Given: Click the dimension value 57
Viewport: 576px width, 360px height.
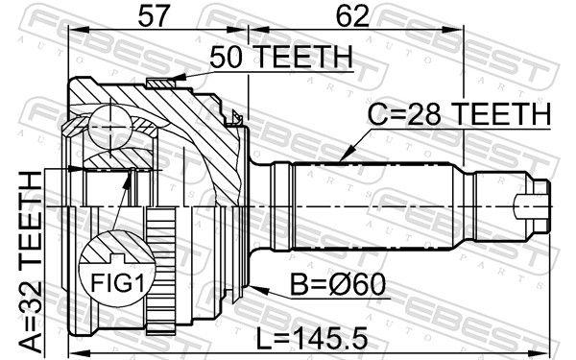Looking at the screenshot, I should click(156, 16).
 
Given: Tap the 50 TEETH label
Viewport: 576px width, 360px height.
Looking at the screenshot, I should click(279, 59).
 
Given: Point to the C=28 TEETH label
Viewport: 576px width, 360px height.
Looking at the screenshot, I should click(459, 114).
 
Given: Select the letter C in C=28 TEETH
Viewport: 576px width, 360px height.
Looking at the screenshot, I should click(378, 114).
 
